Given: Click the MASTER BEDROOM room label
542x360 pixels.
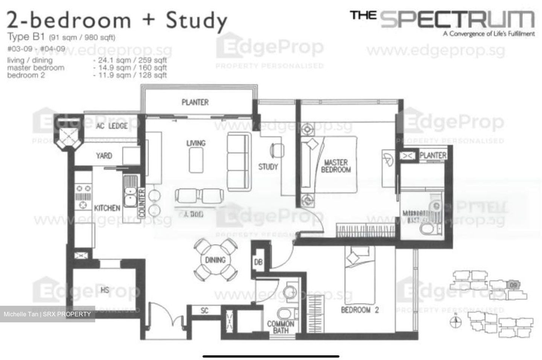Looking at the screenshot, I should click(335, 166).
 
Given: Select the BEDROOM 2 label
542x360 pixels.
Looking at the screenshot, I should click(359, 310).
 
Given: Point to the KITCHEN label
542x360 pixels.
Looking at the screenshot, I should click(107, 208).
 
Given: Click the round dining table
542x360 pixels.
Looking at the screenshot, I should click(215, 260).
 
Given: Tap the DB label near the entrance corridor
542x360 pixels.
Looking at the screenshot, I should click(258, 262).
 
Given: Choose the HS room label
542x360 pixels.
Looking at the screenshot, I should click(105, 290).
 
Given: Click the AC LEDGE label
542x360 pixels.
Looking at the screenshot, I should click(112, 126).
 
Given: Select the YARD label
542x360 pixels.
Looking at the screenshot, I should click(104, 156).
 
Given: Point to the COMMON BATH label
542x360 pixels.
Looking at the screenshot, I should click(280, 327).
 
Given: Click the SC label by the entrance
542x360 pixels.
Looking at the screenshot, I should click(204, 311).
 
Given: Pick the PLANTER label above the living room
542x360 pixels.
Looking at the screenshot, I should click(195, 102).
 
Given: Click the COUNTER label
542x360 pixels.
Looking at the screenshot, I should click(142, 203).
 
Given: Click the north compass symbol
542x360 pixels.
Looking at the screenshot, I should click(456, 321).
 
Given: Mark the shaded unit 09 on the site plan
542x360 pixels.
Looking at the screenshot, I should click(513, 285).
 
